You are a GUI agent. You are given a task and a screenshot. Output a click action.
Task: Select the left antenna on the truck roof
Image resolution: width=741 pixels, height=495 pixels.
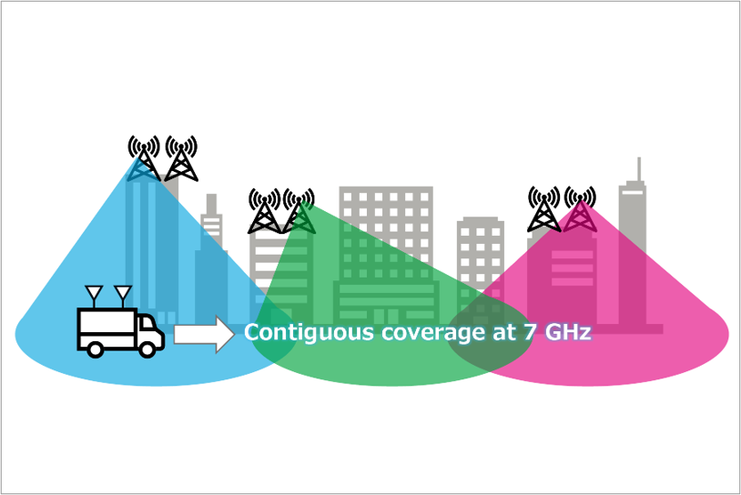[93, 297]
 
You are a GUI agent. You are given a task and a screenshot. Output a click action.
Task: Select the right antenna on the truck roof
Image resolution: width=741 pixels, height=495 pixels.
[122, 297]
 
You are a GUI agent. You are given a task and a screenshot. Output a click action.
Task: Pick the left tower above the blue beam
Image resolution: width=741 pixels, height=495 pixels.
[144, 158]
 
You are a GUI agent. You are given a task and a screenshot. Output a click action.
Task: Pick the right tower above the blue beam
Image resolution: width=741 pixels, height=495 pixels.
[181, 158]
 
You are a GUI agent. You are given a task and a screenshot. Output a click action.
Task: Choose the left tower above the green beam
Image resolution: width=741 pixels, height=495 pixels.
[264, 211]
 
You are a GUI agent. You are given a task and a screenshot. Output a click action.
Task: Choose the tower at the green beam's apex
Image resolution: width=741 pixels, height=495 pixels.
[299, 211]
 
